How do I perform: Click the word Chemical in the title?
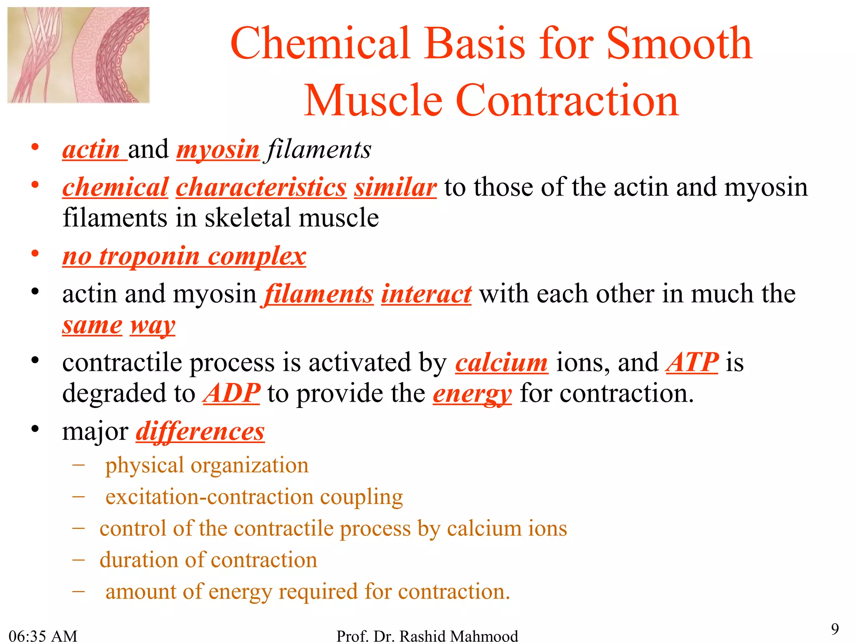coord(320,43)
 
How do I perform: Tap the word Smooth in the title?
coord(679,43)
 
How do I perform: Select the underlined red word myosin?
coord(218,150)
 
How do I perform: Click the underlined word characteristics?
coord(261,187)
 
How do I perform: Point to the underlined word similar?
coord(395,187)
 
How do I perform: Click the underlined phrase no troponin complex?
coord(184,256)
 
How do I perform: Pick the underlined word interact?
coord(426,294)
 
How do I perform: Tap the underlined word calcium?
coord(501,362)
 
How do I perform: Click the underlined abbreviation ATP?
coord(692,362)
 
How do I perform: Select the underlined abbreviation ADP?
coord(232,393)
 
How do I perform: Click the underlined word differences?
coord(200,431)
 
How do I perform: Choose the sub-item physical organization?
coord(207,465)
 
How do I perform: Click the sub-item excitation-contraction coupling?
coord(254,497)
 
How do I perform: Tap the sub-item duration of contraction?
coord(208,560)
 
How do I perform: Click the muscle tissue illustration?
coord(78,55)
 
